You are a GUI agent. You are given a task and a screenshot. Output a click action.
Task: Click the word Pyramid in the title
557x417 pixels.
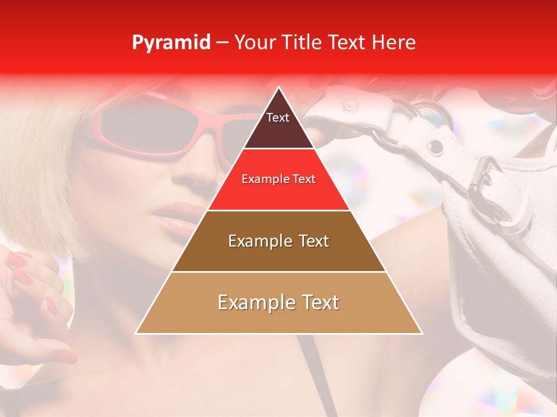(171, 43)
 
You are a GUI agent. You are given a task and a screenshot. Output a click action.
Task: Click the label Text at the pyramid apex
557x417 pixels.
(278, 118)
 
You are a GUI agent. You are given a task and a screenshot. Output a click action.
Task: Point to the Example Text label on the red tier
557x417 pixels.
(278, 179)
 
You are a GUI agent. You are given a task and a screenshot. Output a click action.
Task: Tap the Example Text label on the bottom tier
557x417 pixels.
(278, 302)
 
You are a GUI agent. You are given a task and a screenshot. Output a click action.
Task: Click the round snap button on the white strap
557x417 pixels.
(350, 105)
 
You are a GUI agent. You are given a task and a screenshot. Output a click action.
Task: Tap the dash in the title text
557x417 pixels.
(222, 43)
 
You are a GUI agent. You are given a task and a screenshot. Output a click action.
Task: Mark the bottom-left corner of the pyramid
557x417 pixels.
(136, 334)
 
